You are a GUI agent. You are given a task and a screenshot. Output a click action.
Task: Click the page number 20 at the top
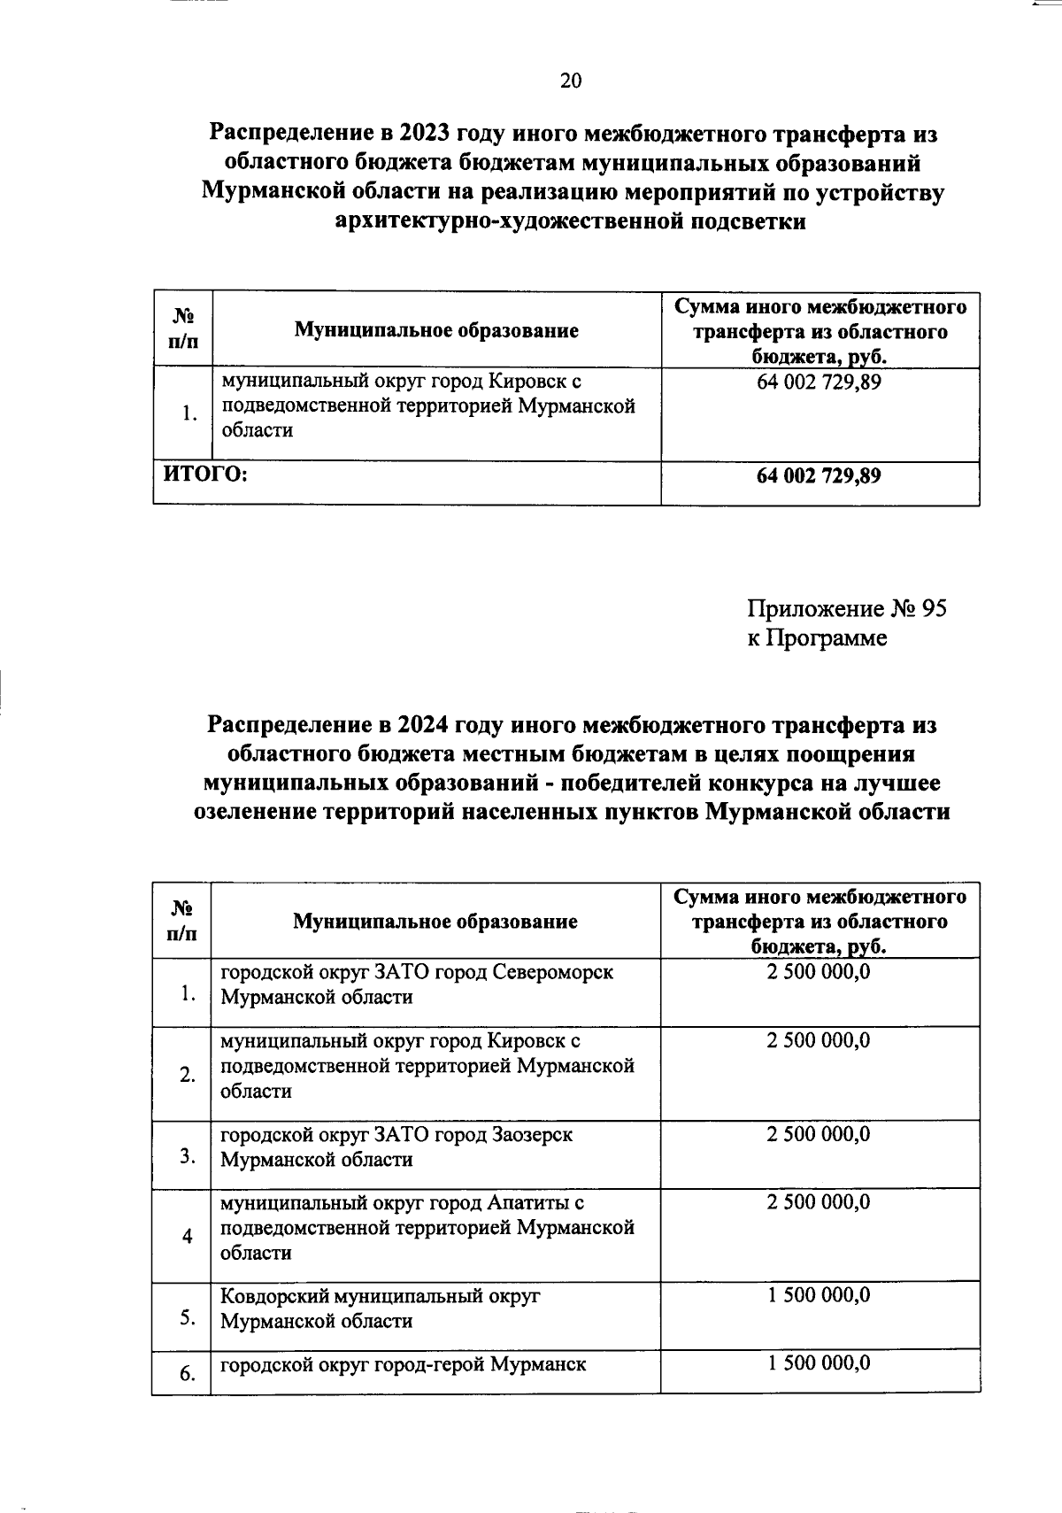click(571, 81)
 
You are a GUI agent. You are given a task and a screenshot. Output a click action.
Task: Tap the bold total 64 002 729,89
click(819, 475)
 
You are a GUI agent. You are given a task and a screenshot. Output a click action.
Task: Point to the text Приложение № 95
click(846, 609)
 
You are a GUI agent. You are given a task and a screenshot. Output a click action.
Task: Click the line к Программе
click(816, 637)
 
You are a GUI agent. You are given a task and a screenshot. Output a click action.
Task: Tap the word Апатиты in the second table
click(527, 1203)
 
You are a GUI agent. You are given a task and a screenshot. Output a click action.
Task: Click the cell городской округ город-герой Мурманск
click(403, 1364)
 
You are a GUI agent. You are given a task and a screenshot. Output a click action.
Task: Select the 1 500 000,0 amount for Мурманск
click(819, 1363)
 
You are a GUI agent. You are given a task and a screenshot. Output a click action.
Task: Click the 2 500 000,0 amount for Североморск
click(819, 972)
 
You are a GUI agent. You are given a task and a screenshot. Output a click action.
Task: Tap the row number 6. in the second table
click(187, 1374)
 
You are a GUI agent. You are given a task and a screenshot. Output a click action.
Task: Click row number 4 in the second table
click(187, 1236)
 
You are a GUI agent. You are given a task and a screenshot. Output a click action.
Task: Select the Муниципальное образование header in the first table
click(436, 331)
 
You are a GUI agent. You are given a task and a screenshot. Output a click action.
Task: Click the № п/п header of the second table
click(182, 921)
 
